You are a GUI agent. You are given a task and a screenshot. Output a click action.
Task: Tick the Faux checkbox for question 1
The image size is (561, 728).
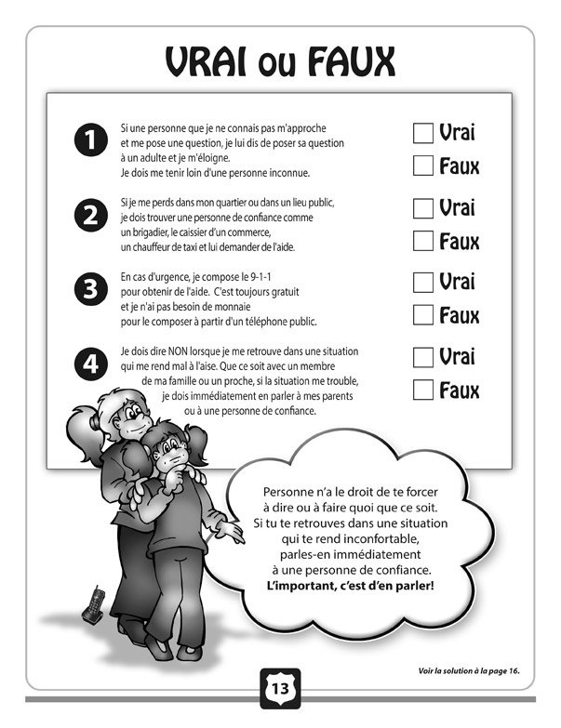422,166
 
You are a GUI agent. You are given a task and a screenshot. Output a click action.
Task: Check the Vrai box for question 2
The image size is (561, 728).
422,206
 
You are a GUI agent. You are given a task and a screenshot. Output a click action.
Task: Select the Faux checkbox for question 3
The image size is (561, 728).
422,315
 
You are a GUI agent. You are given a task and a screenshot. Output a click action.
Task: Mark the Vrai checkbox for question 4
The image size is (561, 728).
422,356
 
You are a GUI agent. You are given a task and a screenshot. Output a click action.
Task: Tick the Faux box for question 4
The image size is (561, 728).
422,390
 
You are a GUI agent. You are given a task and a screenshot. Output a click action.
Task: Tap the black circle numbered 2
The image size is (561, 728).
90,217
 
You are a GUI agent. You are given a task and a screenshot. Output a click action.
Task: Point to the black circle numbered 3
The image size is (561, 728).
90,290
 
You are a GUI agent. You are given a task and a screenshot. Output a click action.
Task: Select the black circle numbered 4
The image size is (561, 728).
90,364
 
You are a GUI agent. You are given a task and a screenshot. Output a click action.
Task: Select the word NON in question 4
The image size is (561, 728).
185,351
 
